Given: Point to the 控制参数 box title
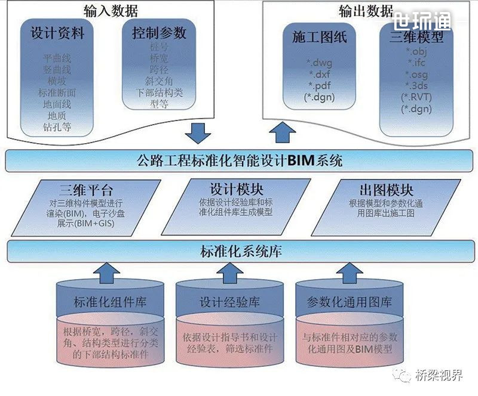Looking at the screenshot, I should (159, 32).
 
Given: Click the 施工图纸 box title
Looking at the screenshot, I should (320, 37).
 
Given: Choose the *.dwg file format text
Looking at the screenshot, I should (320, 63).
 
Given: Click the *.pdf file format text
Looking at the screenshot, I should (320, 85).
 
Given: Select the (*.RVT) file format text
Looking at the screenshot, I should (416, 97).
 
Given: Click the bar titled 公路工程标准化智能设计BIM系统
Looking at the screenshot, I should (239, 160).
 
